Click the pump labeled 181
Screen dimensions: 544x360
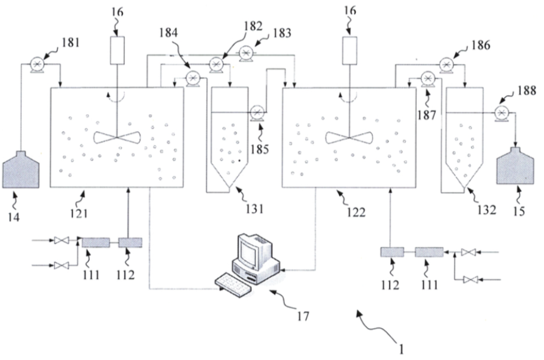tap(37, 64)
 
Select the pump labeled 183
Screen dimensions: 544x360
tap(246, 53)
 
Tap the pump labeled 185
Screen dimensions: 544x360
tap(257, 112)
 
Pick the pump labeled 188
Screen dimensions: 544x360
tap(501, 113)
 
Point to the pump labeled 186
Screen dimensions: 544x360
tap(446, 64)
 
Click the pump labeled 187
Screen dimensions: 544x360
tap(428, 79)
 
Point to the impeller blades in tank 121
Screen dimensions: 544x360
tap(117, 138)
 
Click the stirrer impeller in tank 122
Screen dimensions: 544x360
tap(349, 138)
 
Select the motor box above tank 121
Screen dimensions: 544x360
tap(117, 50)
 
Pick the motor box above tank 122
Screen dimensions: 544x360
tap(349, 50)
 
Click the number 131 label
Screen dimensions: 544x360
tap(255, 209)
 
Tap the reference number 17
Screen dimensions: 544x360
tap(303, 316)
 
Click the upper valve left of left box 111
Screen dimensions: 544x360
tap(61, 240)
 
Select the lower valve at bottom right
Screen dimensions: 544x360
tap(470, 280)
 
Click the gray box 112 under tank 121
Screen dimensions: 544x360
tap(131, 243)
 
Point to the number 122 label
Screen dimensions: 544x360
tap(357, 212)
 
